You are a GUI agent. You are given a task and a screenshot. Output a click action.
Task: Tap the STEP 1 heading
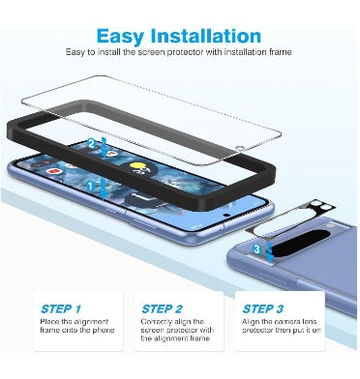61,308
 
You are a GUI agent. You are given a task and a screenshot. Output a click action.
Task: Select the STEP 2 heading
162,308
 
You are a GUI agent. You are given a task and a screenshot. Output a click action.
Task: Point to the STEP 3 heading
263,308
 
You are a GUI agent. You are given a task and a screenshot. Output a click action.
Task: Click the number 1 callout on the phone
90,186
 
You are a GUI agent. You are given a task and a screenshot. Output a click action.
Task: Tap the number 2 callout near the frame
91,144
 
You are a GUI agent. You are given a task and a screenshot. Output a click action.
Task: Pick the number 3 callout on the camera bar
256,248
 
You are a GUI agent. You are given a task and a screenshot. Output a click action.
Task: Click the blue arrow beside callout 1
103,189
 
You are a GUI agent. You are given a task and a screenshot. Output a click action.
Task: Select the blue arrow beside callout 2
104,147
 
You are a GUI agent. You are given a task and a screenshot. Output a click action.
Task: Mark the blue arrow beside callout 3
270,252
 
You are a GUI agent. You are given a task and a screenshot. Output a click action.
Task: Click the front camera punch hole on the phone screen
227,215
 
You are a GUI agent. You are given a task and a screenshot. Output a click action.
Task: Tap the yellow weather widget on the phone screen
137,167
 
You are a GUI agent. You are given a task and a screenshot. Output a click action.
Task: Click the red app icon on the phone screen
52,170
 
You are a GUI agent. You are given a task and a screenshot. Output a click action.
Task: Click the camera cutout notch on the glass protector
239,149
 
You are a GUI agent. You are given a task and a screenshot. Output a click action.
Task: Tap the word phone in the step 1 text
104,331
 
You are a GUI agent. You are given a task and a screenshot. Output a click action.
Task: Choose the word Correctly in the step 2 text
156,322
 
